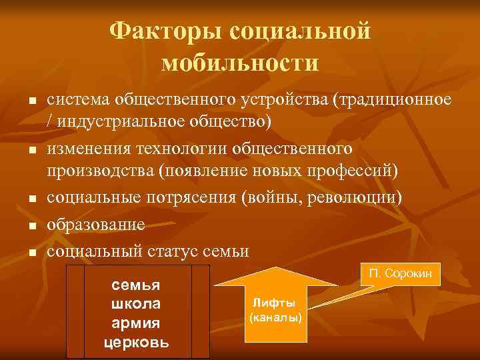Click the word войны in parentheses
[273, 198]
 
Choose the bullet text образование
[95, 225]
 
